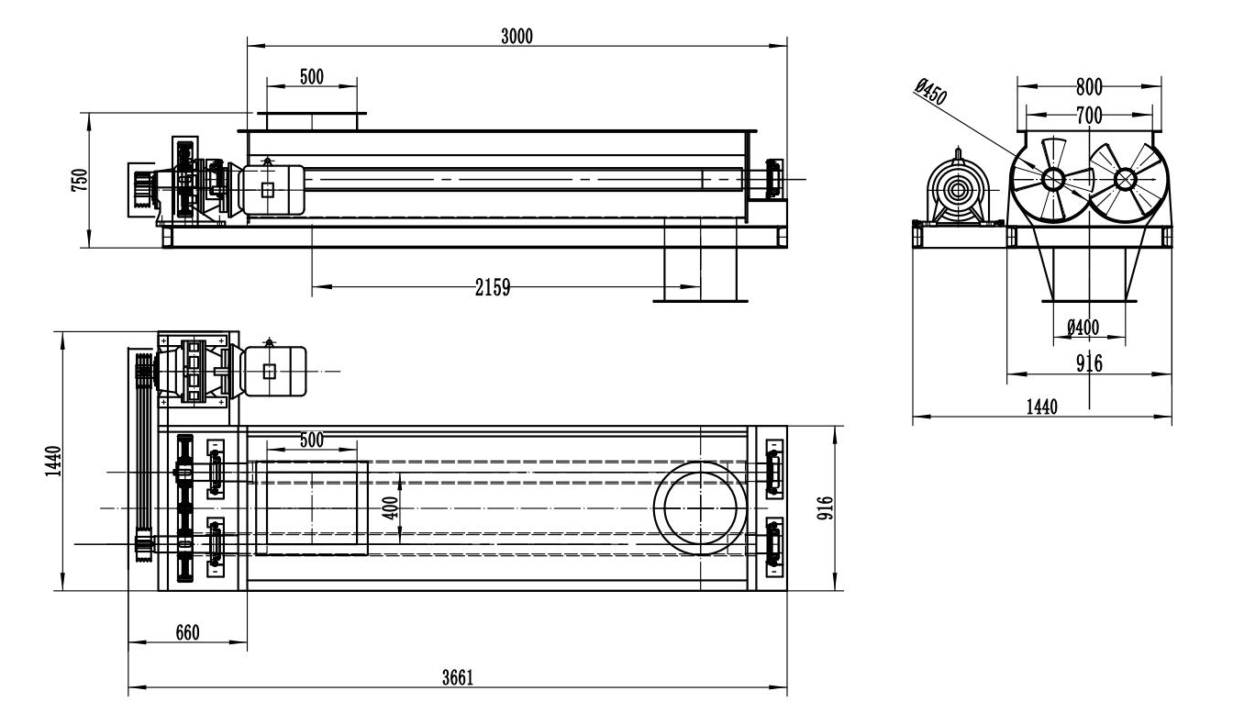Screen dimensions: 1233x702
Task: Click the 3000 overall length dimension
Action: (x=517, y=37)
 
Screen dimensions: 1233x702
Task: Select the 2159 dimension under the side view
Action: (x=493, y=287)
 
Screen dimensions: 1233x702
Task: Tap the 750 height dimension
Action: (x=80, y=180)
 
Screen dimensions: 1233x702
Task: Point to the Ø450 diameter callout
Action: (x=931, y=92)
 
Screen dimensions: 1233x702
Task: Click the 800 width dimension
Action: (x=1089, y=87)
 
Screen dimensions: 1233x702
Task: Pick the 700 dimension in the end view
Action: (x=1089, y=116)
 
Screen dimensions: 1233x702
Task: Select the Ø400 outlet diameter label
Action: (x=1083, y=328)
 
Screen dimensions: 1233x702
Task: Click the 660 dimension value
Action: (x=187, y=632)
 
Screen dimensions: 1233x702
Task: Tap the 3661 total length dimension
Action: (x=458, y=678)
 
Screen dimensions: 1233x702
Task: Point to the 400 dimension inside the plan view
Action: (x=390, y=507)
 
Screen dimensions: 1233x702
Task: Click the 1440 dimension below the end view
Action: (x=1042, y=407)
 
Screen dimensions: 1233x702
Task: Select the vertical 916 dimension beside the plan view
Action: (x=826, y=507)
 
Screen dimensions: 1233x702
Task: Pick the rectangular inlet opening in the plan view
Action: (x=257, y=507)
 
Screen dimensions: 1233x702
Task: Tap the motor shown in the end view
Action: (x=959, y=188)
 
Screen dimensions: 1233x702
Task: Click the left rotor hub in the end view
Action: (x=1053, y=179)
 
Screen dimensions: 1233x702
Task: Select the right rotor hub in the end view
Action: (x=1125, y=179)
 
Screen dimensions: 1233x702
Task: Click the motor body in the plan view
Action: (x=273, y=371)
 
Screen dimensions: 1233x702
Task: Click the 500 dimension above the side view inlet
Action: (x=312, y=77)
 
